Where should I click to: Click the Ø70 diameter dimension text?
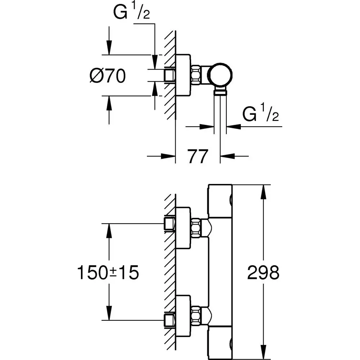pyautogui.click(x=107, y=76)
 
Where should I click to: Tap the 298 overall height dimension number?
pyautogui.click(x=263, y=273)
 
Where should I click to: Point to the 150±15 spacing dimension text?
pyautogui.click(x=108, y=273)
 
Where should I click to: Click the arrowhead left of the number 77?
pyautogui.click(x=168, y=156)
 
